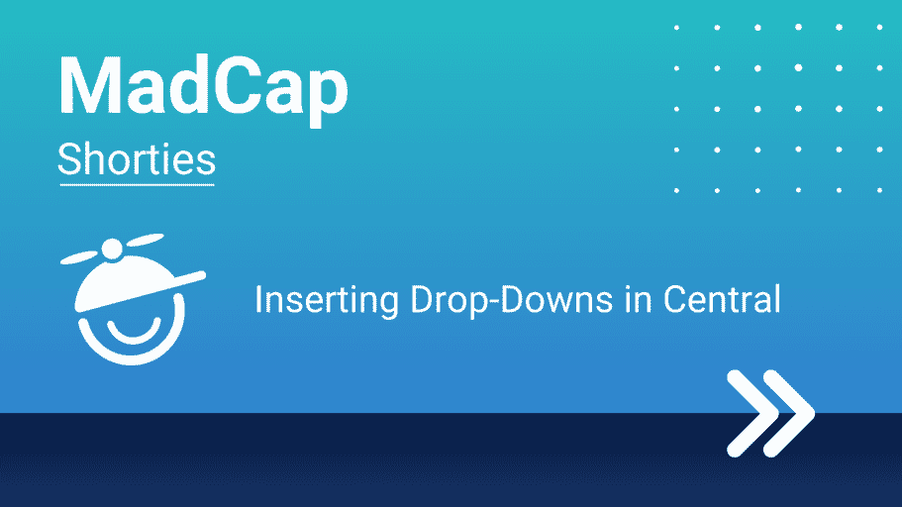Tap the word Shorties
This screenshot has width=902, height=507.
pos(137,158)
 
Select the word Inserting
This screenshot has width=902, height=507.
pos(327,300)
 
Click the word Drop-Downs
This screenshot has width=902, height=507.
pos(512,300)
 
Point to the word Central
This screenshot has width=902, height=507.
pos(722,299)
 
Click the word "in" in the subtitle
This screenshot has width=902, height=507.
pos(639,299)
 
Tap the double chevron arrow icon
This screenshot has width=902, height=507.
pos(771,413)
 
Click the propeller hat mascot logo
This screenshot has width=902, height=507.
pos(133,299)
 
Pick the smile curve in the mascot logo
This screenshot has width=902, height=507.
pos(134,333)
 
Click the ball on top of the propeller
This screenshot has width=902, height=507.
pos(112,249)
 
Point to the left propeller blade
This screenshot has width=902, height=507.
pos(79,257)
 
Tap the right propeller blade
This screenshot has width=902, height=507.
pos(145,240)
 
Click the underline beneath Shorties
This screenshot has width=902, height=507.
pos(137,185)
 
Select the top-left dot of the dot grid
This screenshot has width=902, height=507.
pos(676,27)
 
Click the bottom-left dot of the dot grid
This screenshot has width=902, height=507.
pos(676,190)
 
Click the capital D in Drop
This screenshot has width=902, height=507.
pos(423,299)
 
